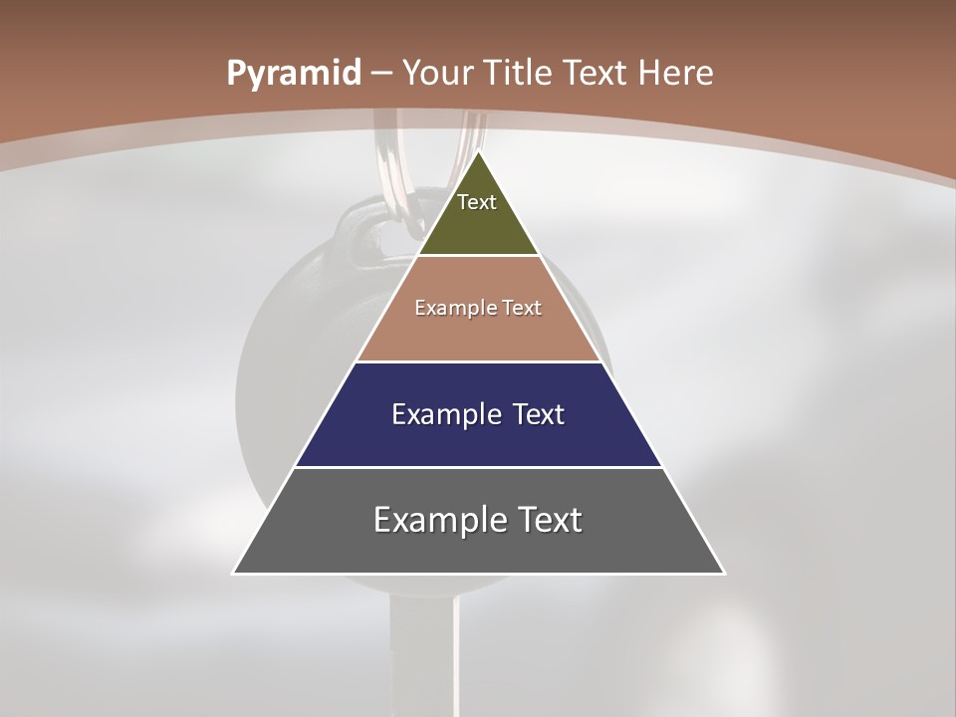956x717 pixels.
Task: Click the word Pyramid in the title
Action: point(294,73)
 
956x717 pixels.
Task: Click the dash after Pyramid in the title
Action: point(381,74)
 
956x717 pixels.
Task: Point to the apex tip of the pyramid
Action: point(478,153)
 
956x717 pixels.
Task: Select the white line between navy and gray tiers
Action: point(478,467)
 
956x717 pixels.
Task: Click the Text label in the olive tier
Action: point(477,202)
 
